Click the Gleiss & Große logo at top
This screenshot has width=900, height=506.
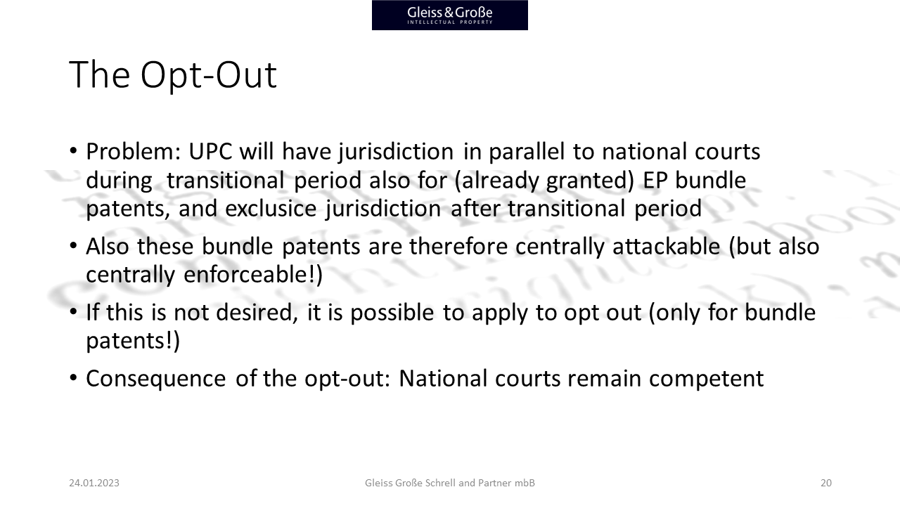tap(449, 15)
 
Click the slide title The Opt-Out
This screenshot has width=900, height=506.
tap(173, 74)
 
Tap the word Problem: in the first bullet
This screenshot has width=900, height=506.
tap(134, 152)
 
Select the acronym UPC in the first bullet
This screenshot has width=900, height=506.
tap(210, 151)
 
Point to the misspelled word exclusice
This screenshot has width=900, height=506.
tap(271, 209)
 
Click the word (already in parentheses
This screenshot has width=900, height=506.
tap(496, 181)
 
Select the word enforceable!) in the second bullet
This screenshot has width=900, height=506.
tap(253, 275)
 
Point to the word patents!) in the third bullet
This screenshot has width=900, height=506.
tap(133, 341)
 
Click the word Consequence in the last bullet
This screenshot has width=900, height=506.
tap(156, 379)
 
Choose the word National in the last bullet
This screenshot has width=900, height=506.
tap(443, 378)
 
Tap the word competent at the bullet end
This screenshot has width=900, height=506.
tap(707, 379)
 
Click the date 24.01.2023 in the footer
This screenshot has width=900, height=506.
tap(94, 483)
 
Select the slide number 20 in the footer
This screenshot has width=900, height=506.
tap(825, 483)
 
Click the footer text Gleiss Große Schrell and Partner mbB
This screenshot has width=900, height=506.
tap(449, 483)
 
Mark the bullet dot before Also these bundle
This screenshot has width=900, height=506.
tap(73, 245)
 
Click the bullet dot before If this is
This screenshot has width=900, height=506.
tap(73, 311)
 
